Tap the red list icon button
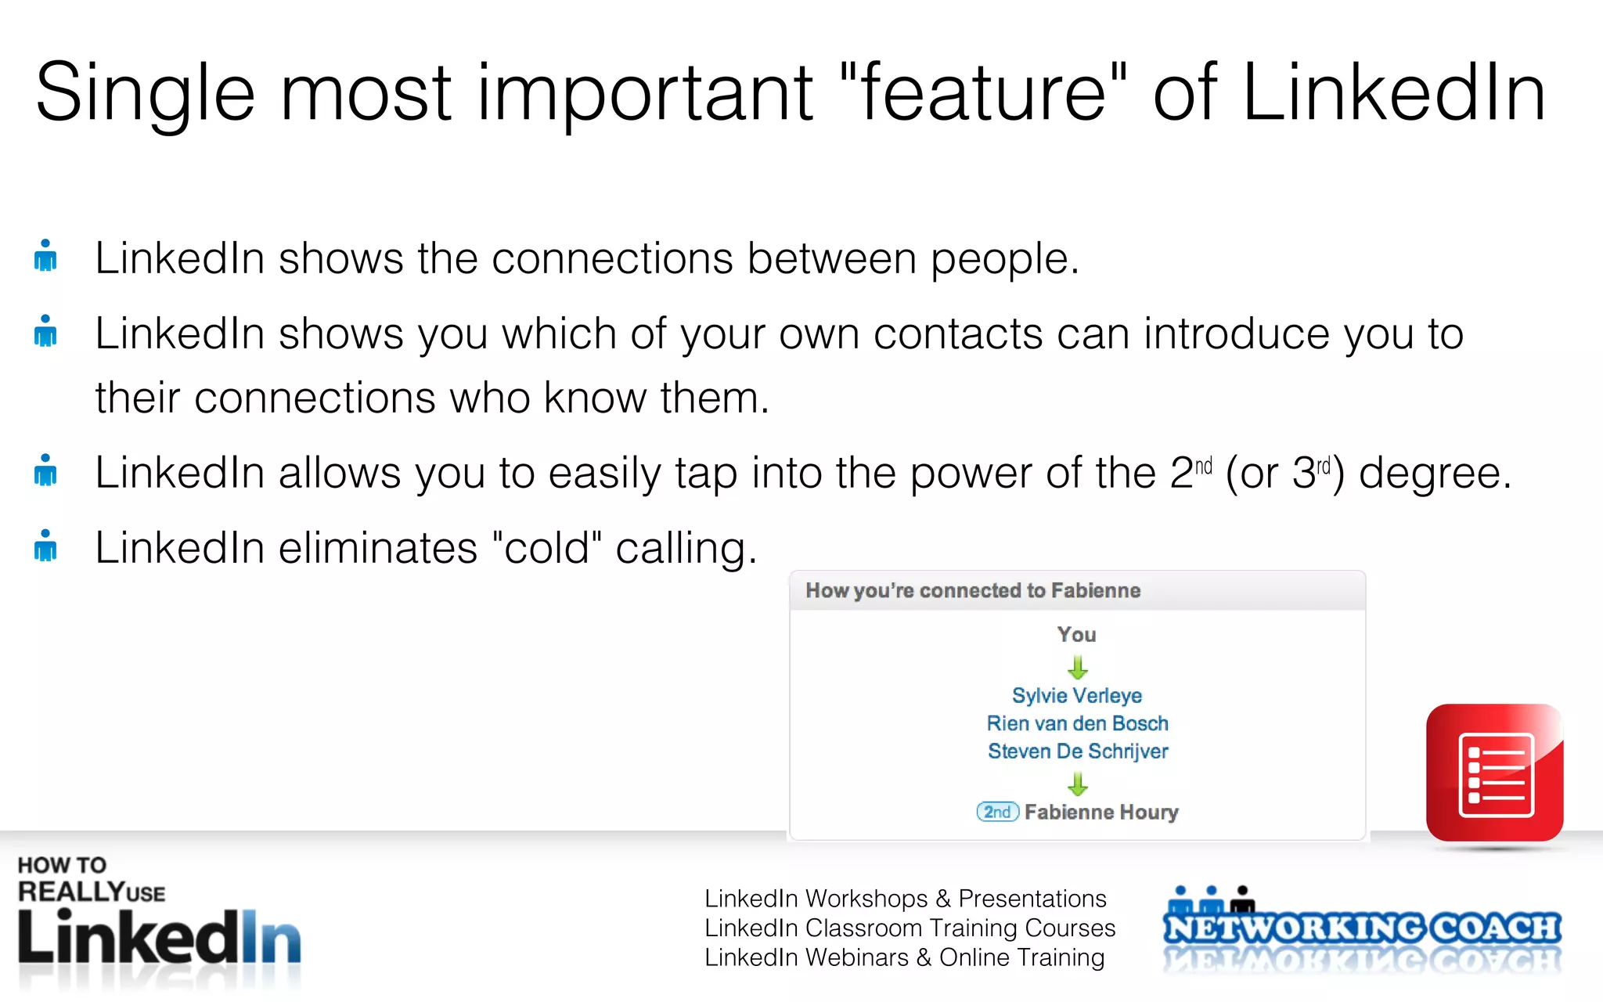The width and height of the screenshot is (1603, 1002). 1494,773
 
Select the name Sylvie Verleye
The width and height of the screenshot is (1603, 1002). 1077,695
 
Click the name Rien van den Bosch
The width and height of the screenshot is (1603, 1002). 1077,723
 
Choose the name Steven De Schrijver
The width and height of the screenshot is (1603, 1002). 1077,751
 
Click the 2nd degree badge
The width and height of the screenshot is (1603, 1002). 997,812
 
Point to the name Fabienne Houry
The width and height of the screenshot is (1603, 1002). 1101,812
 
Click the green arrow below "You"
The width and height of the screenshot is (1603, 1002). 1078,667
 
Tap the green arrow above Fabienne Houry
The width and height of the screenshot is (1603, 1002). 1078,783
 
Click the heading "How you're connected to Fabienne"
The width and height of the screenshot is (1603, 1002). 973,590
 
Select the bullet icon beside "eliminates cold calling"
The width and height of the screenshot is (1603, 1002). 45,546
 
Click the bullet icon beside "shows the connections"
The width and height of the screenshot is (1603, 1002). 45,255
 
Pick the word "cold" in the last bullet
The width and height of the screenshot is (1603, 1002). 546,548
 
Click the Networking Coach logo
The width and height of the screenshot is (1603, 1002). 1362,928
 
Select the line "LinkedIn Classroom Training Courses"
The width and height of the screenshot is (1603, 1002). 910,928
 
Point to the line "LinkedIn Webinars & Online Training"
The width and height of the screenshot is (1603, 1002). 904,957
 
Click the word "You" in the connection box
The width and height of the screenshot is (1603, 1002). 1077,635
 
